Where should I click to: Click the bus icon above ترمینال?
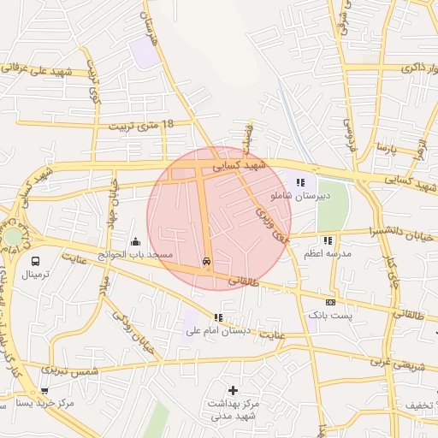36,261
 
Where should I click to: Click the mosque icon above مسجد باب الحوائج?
134,242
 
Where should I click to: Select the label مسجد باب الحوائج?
135,255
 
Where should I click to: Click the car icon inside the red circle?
207,262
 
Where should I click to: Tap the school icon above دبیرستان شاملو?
300,181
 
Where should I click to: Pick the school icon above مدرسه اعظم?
328,240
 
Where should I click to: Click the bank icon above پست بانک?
330,302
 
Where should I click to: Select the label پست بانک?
330,316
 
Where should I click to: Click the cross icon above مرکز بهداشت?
233,390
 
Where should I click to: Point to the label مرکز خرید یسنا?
45,403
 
